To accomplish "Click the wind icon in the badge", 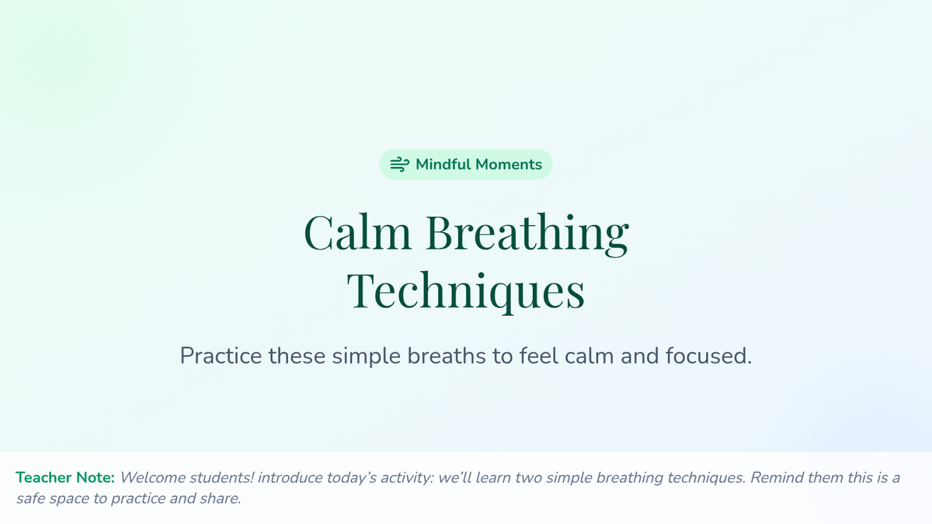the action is tap(399, 165).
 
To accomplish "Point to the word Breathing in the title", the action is tap(527, 234).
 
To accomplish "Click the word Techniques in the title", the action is tap(466, 290).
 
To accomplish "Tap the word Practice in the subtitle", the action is tap(221, 356).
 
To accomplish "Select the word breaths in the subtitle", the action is tap(447, 356).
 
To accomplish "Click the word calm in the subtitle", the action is tap(589, 356).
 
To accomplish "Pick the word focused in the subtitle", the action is tap(708, 356).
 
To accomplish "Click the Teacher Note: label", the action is tap(65, 477).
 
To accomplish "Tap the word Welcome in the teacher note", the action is tap(153, 477).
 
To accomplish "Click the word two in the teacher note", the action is tap(528, 478).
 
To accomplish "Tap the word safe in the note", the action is tap(31, 498).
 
